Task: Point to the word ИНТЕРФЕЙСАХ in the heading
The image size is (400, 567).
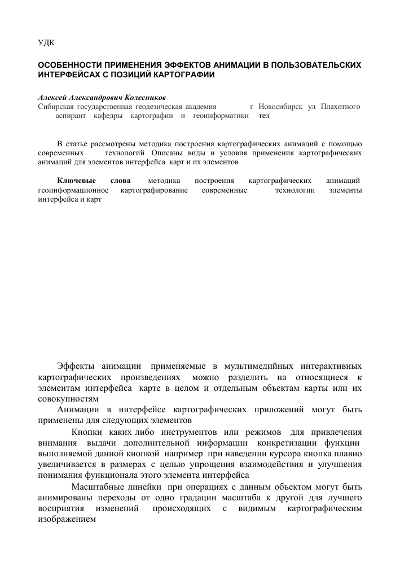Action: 67,74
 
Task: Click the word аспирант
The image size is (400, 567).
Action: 71,115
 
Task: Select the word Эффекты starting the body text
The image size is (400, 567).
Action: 76,367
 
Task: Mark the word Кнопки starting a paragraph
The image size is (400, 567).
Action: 87,432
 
